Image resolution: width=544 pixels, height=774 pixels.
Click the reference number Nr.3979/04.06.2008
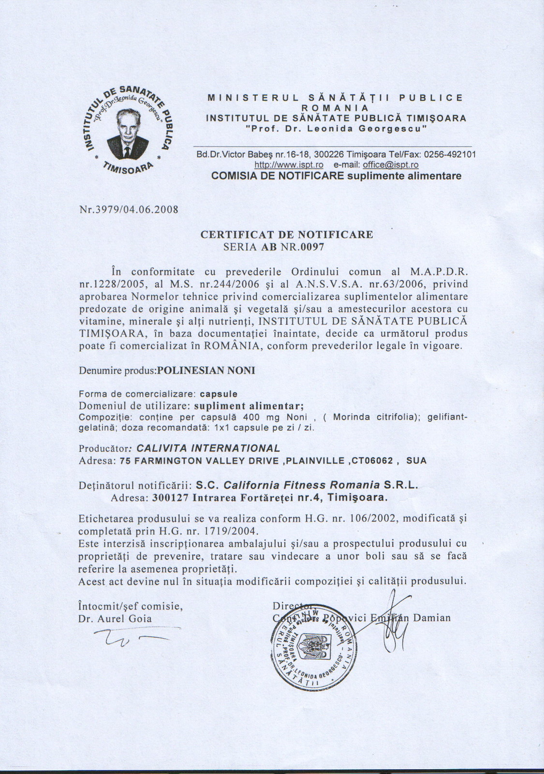coord(128,210)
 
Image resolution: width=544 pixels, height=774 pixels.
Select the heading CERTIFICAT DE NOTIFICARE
coord(287,235)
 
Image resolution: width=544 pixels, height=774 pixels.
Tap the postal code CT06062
coord(372,461)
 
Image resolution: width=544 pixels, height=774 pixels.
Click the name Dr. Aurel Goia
coord(115,618)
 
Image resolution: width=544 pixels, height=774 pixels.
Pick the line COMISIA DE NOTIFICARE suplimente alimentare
coord(336,176)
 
